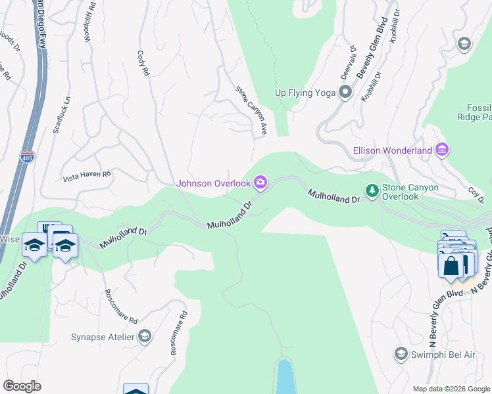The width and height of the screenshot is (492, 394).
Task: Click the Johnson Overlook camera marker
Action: point(261,183)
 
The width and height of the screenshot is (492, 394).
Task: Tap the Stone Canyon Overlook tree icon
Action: point(372,191)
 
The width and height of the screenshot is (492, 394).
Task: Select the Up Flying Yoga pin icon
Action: point(344,92)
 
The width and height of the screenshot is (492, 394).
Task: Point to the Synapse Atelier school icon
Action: point(144,338)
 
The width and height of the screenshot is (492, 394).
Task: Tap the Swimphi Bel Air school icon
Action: point(400,355)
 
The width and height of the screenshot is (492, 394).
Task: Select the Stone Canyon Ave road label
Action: point(251,110)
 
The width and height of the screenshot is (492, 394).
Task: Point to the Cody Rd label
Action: point(142,63)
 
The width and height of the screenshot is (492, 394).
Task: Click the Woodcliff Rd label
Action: point(86,27)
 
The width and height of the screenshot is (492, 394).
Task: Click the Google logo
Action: point(22,385)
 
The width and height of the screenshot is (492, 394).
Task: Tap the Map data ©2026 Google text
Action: point(451,389)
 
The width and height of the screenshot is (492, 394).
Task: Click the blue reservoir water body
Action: point(285,377)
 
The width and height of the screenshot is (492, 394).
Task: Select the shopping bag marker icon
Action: point(451,267)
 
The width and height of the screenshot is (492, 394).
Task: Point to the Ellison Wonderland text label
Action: point(393,150)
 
